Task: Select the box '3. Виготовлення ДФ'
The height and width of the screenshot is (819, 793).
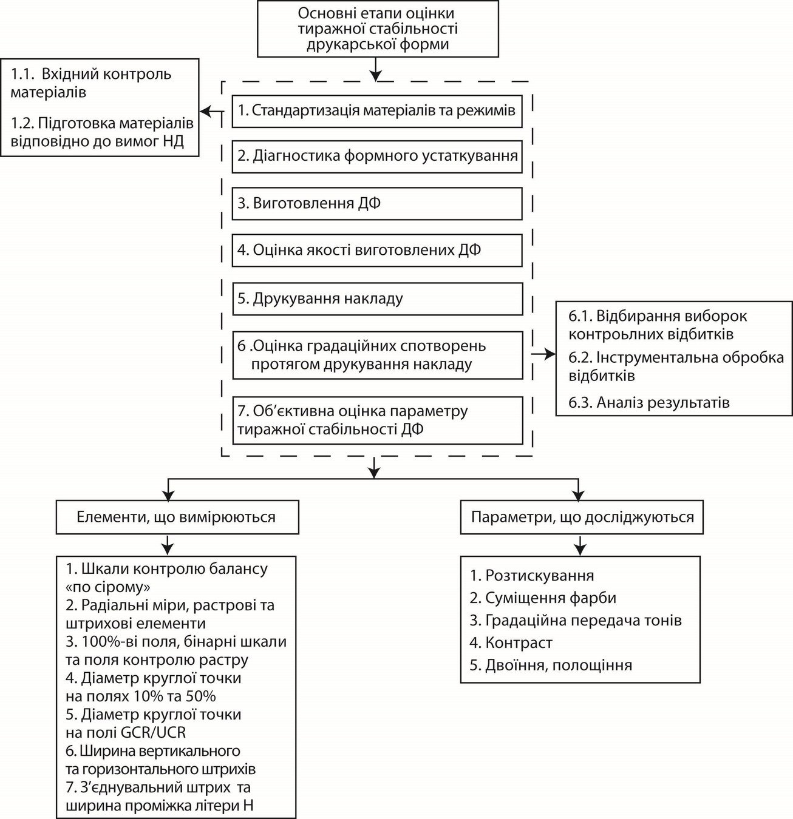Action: [x=376, y=203]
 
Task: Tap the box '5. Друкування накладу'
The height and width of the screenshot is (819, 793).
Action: [x=376, y=298]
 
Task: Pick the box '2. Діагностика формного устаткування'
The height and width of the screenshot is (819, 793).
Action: [x=376, y=156]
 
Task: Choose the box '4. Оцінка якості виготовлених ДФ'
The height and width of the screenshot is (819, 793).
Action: [x=376, y=251]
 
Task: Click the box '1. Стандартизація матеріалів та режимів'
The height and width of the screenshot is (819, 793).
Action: [x=376, y=111]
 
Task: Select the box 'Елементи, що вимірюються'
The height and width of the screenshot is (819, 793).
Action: [x=177, y=517]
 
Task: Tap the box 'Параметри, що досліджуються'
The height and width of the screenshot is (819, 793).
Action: [x=582, y=517]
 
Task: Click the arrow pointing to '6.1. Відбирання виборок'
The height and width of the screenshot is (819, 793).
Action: [x=543, y=355]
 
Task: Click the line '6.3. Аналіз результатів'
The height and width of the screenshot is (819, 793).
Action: [x=648, y=402]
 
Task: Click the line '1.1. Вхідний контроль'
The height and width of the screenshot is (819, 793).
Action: [x=91, y=75]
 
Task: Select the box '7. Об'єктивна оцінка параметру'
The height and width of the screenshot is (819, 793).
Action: [x=376, y=420]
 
